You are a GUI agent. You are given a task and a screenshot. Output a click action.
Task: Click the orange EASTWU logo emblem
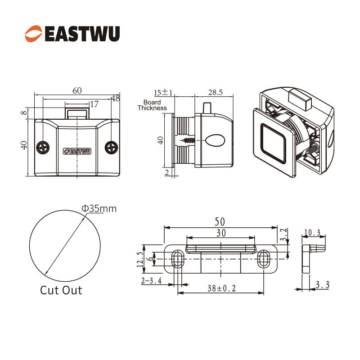[x=33, y=34]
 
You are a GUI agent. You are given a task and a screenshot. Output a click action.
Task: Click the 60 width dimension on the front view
[x=77, y=91]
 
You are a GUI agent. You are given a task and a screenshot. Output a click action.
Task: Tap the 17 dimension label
[x=94, y=104]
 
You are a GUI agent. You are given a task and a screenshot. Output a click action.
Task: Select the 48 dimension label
[x=116, y=98]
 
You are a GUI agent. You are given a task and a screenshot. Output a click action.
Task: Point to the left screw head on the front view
[x=43, y=148]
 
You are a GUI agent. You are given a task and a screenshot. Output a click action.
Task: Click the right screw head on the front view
[x=111, y=148]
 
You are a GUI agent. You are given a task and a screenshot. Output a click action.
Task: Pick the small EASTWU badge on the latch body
[x=77, y=151]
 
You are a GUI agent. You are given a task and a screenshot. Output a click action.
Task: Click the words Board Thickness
[x=152, y=105]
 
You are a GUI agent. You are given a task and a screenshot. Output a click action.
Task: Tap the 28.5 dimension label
[x=216, y=92]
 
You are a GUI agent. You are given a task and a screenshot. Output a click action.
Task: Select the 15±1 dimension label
[x=163, y=93]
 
